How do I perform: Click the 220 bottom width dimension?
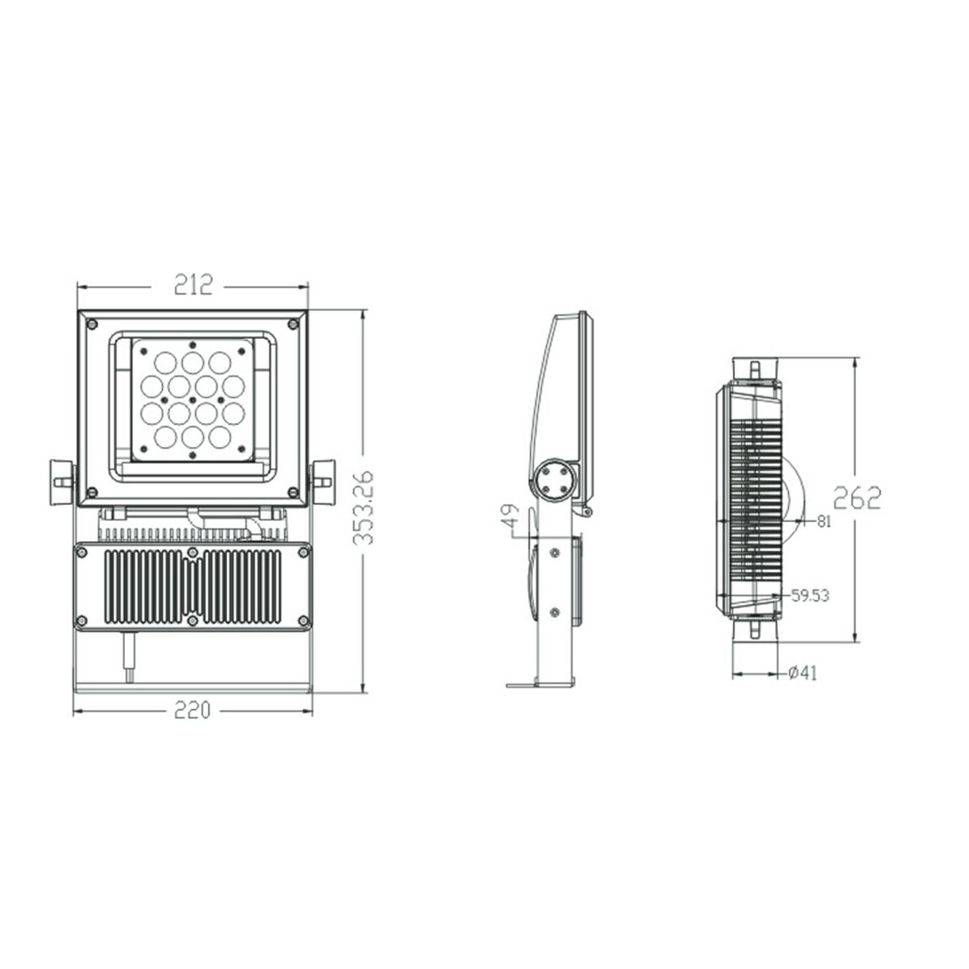[x=192, y=710]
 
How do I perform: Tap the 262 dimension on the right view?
[x=856, y=498]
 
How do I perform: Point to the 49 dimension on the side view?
[x=513, y=515]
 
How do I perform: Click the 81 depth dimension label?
[x=824, y=521]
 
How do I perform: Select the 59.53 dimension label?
[x=810, y=595]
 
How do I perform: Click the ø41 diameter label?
[x=802, y=673]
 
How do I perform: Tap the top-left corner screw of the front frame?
[x=93, y=324]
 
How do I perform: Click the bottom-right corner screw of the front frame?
[x=292, y=490]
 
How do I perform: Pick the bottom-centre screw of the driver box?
[x=193, y=620]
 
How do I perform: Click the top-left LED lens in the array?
[x=165, y=362]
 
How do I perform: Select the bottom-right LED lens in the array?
[x=220, y=436]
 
